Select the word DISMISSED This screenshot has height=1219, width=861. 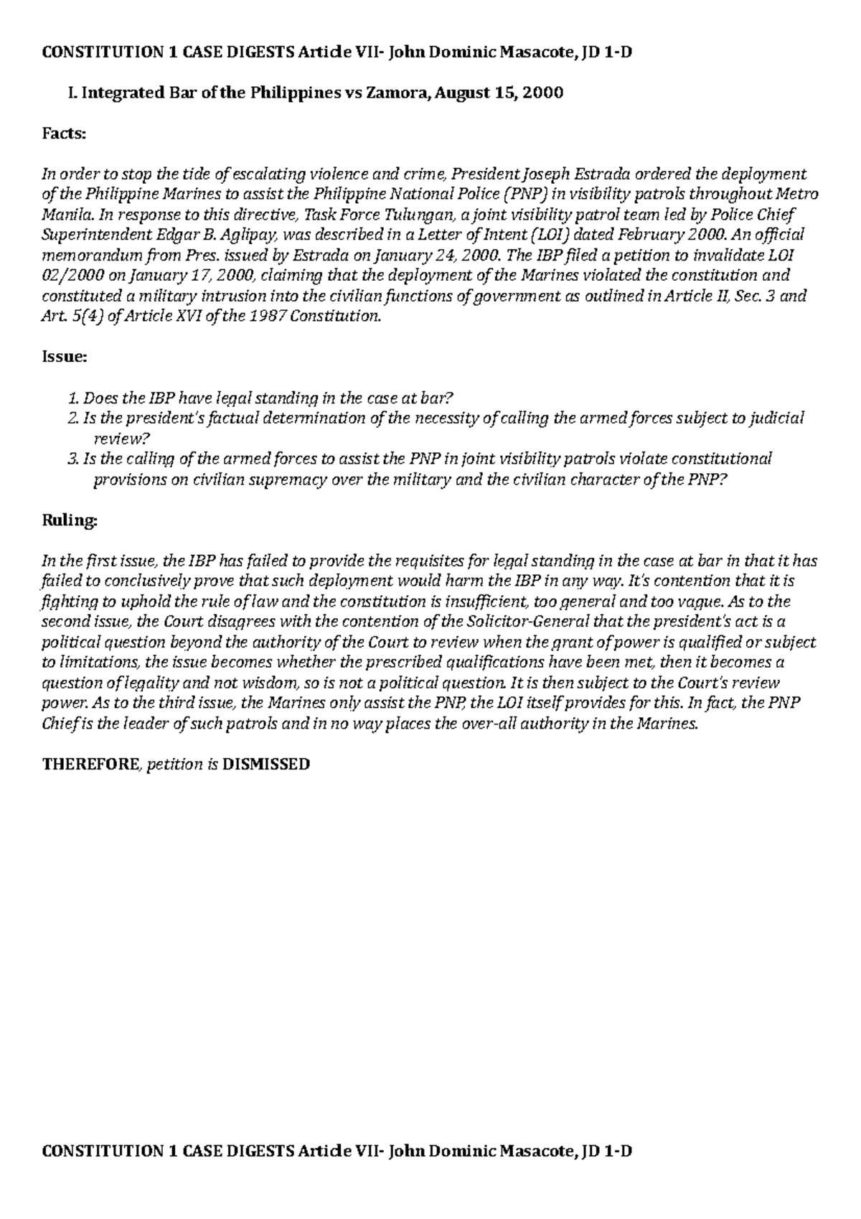pos(266,764)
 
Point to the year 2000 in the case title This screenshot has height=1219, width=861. pos(544,93)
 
